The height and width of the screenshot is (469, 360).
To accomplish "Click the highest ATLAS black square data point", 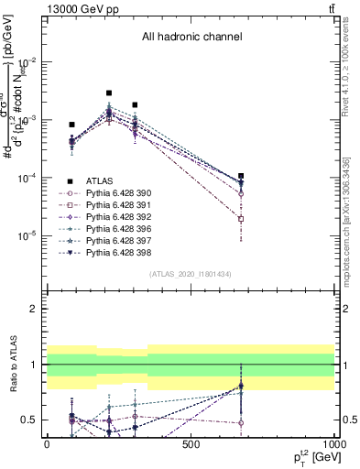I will [109, 93].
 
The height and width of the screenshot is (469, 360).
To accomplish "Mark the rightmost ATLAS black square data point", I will [241, 176].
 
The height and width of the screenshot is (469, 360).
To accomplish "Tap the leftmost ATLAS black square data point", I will [71, 125].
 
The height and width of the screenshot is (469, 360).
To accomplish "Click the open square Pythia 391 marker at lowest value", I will [241, 219].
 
